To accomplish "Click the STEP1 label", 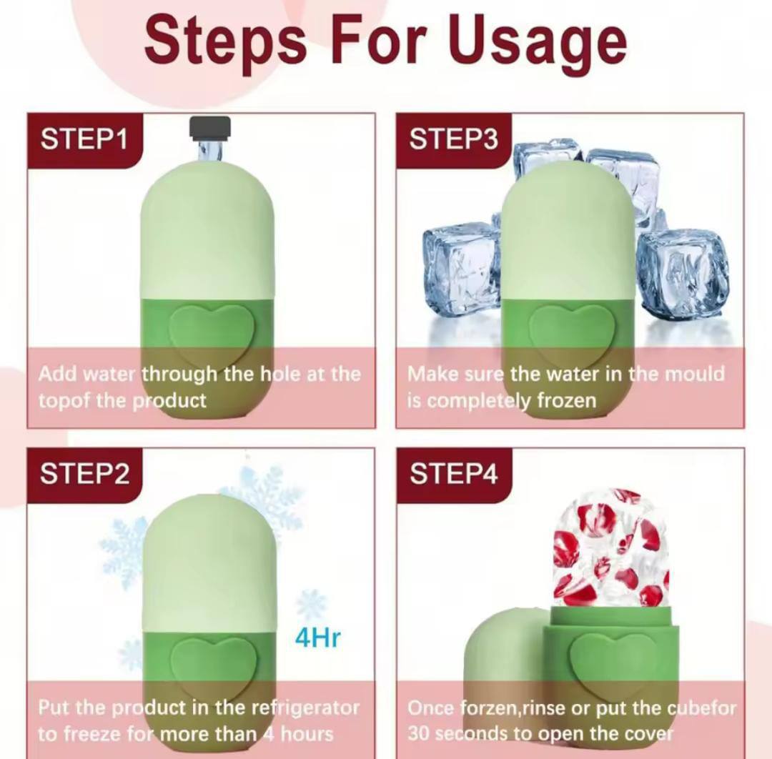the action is click(84, 139).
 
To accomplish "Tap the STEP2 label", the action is click(84, 474).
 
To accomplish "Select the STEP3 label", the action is click(453, 139).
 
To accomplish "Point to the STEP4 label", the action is click(453, 474).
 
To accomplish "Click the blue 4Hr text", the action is click(317, 638).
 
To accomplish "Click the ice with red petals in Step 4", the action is click(611, 547).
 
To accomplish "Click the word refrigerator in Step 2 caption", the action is click(305, 708).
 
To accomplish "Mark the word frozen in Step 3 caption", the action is click(566, 401).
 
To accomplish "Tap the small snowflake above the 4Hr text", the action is click(311, 605).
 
